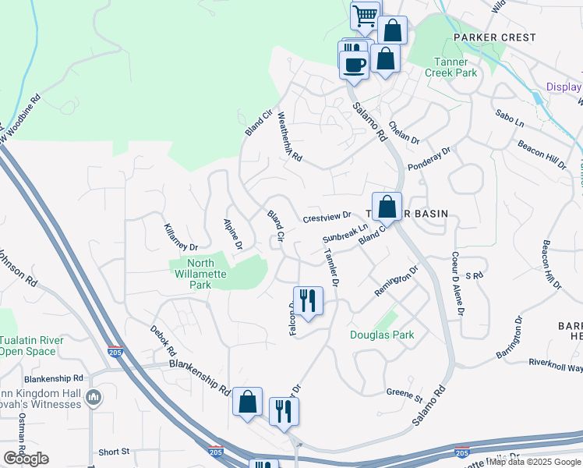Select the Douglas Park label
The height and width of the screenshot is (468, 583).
[x=381, y=335]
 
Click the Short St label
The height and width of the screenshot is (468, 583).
[x=114, y=452]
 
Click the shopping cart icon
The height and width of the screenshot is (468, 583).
[x=365, y=16]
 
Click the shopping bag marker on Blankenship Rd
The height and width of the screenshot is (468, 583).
[x=248, y=401]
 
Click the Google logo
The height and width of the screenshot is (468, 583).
[x=26, y=459]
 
